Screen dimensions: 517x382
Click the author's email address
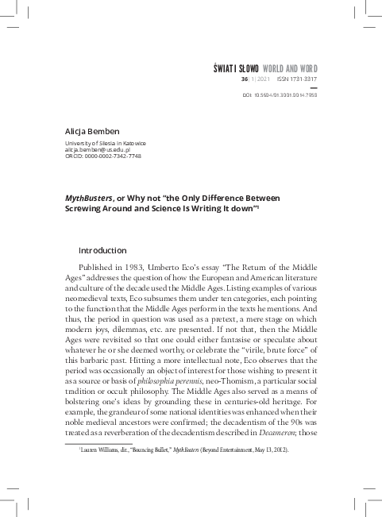coord(98,149)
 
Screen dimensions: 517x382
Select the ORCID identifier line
coord(102,156)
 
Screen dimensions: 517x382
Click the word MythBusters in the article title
coord(88,197)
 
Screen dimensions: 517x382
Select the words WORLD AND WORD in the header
coord(292,70)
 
